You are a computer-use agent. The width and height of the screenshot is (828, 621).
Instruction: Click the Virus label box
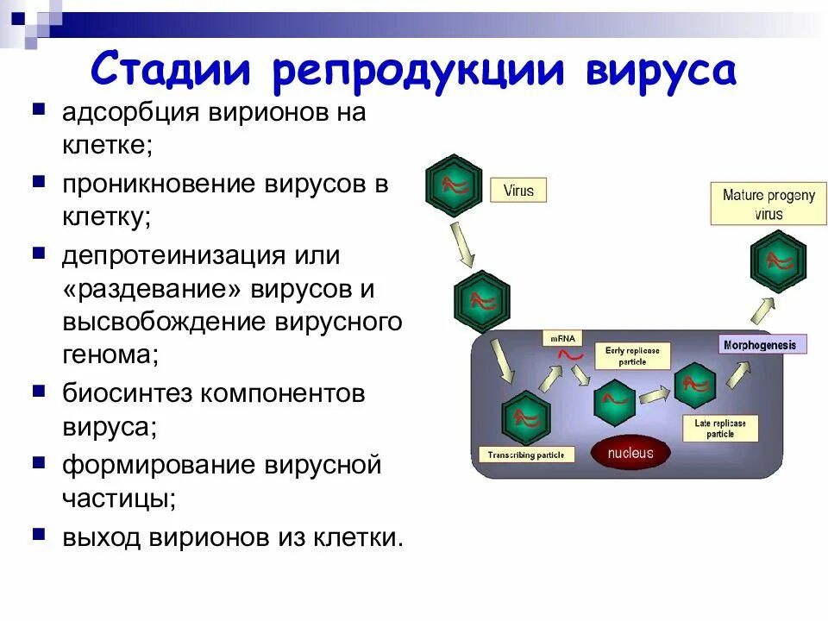tap(518, 190)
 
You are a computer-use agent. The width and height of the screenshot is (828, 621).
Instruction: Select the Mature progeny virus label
tap(768, 204)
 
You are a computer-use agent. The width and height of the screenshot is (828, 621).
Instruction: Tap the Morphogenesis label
tap(764, 344)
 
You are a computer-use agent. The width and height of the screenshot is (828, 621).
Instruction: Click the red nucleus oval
tap(630, 453)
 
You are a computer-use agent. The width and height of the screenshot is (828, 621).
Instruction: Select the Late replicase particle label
tap(720, 428)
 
